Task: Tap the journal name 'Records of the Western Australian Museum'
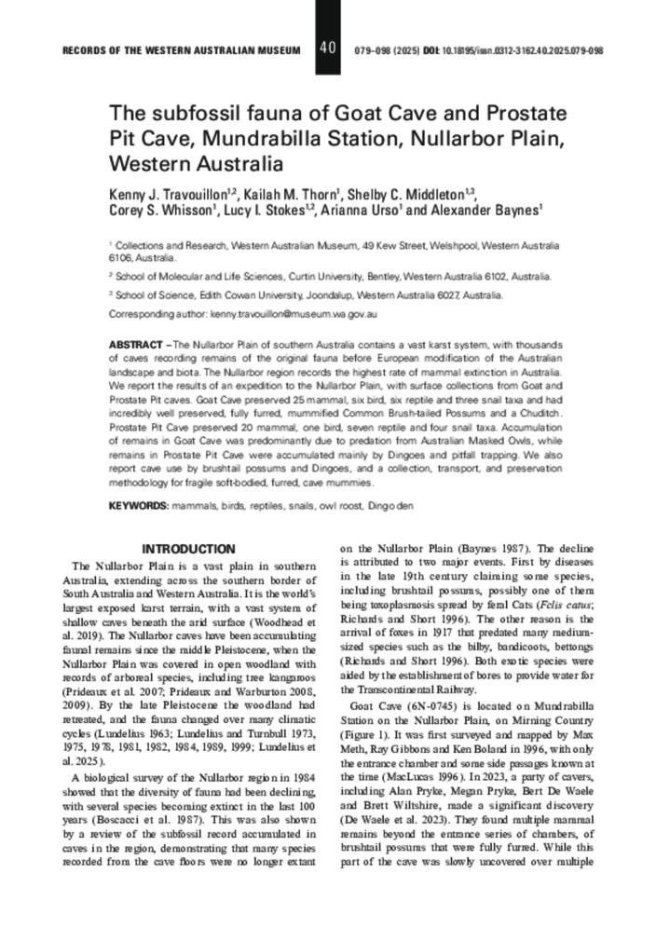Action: pos(182,49)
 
